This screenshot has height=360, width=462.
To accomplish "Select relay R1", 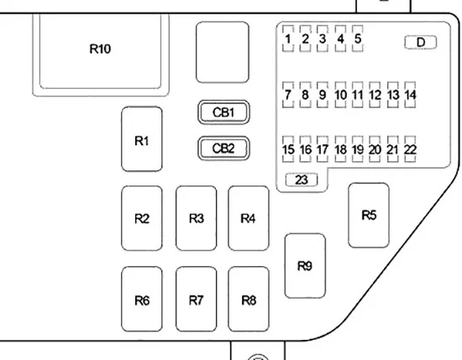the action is click(x=142, y=139).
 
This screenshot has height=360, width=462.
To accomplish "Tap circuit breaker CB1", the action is click(x=223, y=112).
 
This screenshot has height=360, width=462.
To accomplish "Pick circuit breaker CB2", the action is click(x=223, y=149).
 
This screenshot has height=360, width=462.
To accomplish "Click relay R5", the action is click(x=368, y=215).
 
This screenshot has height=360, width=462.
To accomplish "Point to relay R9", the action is click(x=305, y=266).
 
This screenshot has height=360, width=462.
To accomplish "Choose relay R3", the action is click(x=197, y=218).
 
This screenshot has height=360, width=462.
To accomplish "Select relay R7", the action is click(x=197, y=300).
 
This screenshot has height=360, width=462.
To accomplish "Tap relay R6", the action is click(x=142, y=300).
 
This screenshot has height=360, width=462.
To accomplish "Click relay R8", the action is click(x=249, y=300).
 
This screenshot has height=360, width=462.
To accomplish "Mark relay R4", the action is click(x=249, y=218).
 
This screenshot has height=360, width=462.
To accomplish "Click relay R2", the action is click(x=142, y=218).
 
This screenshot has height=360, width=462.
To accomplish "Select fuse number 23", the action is click(x=302, y=180).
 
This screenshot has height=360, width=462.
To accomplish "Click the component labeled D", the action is click(x=421, y=43).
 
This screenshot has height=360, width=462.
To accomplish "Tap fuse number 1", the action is click(x=288, y=39).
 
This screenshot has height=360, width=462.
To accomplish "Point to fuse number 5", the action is click(x=358, y=39).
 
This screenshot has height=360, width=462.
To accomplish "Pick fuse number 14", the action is click(x=410, y=95).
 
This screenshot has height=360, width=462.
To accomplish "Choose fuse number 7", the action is click(x=288, y=95).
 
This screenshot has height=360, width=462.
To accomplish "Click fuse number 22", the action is click(x=410, y=149).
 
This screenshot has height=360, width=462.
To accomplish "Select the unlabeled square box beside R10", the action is click(x=223, y=52).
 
